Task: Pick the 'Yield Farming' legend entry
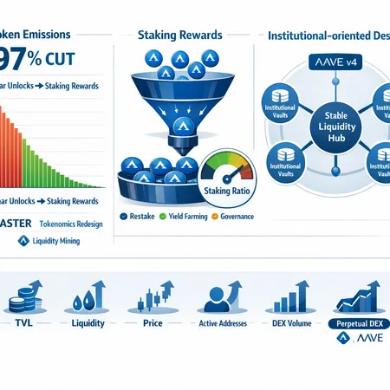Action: pyautogui.click(x=185, y=216)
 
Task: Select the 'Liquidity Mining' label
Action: pyautogui.click(x=49, y=242)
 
